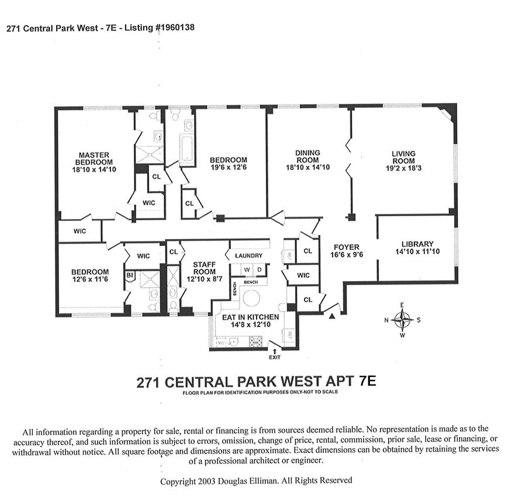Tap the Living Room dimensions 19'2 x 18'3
[x=403, y=168]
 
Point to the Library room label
[x=417, y=244]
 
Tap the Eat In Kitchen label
[x=250, y=317]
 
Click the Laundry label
[x=248, y=256]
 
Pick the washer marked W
[x=247, y=269]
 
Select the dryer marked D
[x=259, y=269]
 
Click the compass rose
[x=403, y=320]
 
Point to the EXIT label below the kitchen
[x=275, y=356]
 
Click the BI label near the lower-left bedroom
[x=130, y=275]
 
